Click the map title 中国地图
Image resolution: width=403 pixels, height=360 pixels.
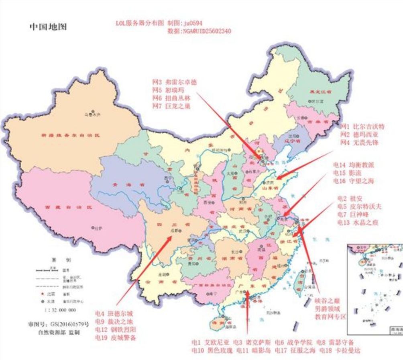48,27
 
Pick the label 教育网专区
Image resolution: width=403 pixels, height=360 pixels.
330,317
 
